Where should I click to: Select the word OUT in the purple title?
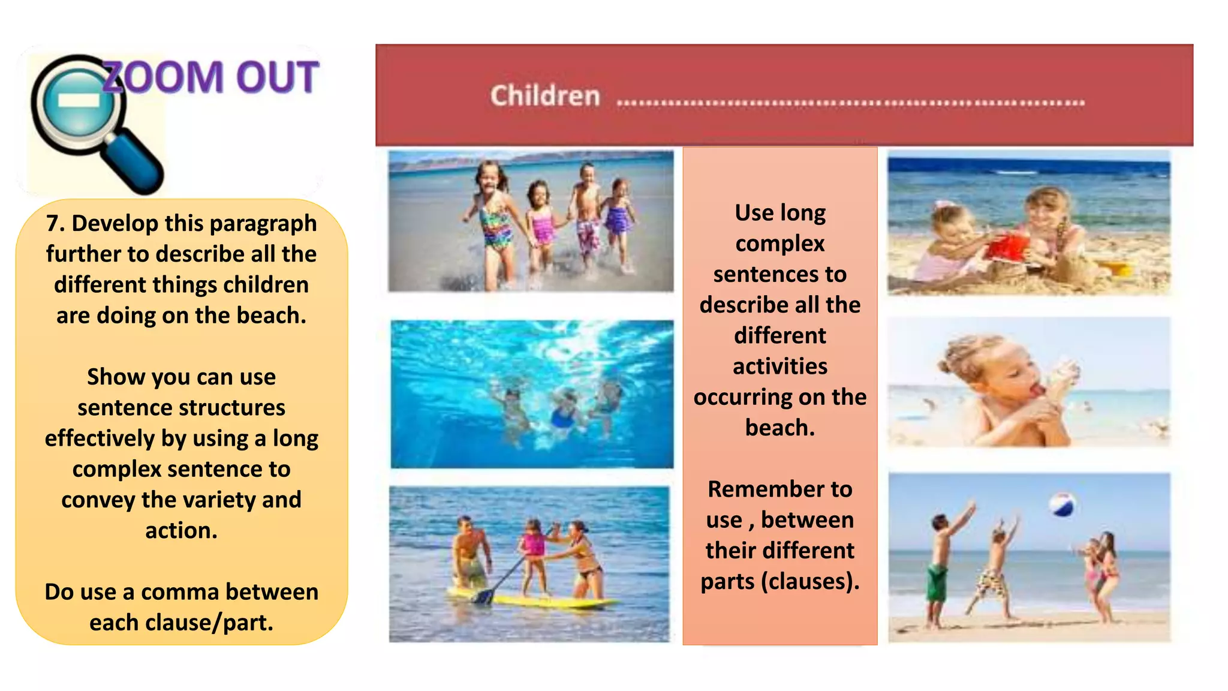click(x=276, y=78)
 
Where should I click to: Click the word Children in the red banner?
click(x=545, y=96)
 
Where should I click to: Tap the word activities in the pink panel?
click(x=780, y=366)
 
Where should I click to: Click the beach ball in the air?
click(x=1062, y=505)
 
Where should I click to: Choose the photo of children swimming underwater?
click(x=532, y=394)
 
